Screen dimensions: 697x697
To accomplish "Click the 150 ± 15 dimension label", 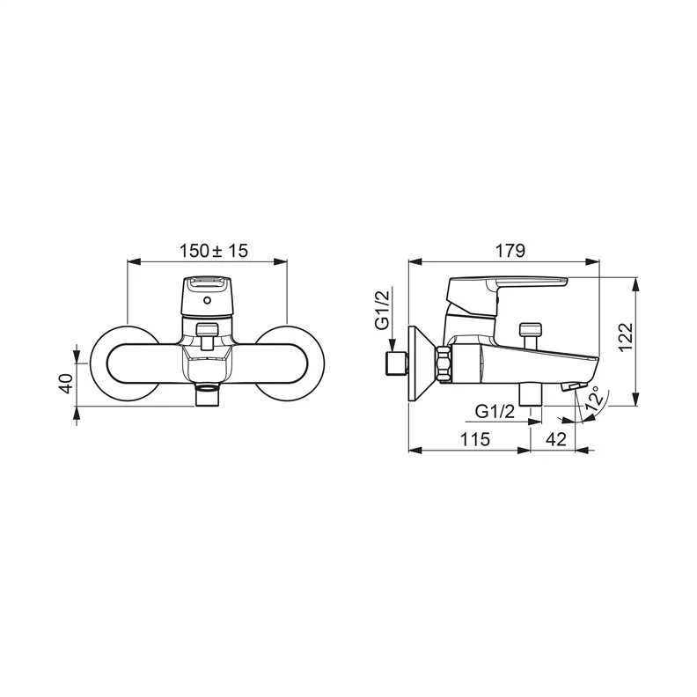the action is click(x=213, y=251).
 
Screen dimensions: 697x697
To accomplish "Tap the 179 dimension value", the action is click(x=510, y=251).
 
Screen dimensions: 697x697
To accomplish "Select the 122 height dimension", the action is click(x=626, y=336).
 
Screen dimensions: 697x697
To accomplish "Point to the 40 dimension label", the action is click(x=66, y=383).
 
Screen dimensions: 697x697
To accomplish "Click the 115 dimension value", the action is click(x=474, y=439).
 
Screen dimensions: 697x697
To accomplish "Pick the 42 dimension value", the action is click(x=556, y=439).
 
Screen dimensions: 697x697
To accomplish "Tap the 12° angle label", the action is click(x=595, y=398).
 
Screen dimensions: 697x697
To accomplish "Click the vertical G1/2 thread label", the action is click(x=383, y=309).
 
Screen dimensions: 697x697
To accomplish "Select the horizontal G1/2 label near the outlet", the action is click(x=495, y=412).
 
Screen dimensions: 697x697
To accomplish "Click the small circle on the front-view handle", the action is click(x=207, y=300).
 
